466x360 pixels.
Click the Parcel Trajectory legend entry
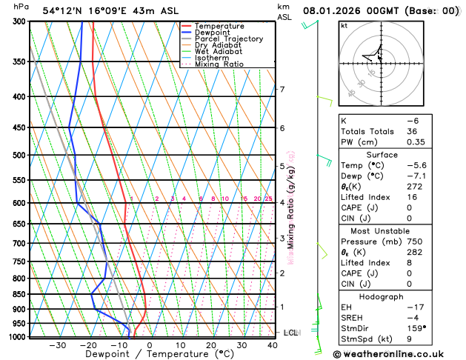coord(228,39)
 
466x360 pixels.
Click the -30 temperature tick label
coord(57,345)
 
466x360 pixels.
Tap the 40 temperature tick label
coord(273,345)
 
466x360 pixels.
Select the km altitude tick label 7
coord(282,90)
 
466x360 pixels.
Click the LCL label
coord(290,333)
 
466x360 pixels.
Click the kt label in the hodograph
coord(344,26)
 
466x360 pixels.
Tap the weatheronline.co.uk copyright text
coord(396,354)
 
